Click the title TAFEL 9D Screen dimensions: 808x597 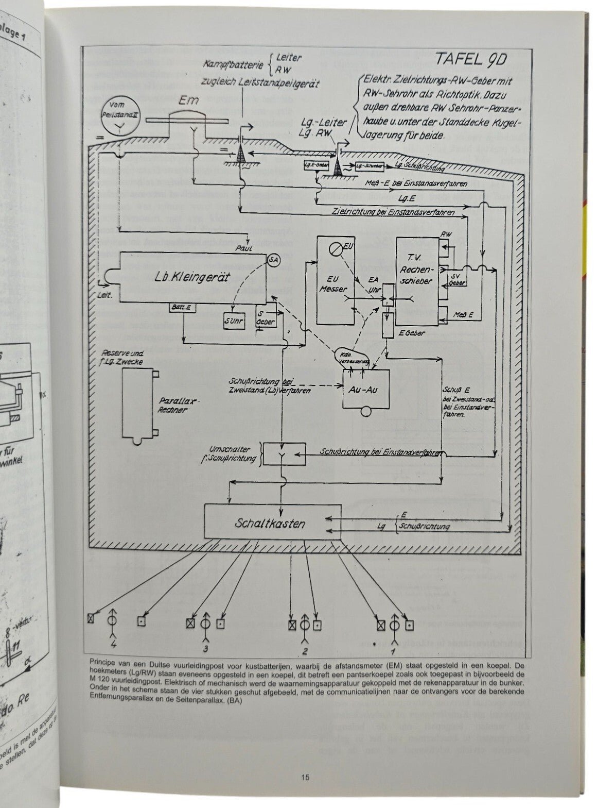coord(470,60)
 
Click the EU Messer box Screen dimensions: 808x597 coord(335,281)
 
